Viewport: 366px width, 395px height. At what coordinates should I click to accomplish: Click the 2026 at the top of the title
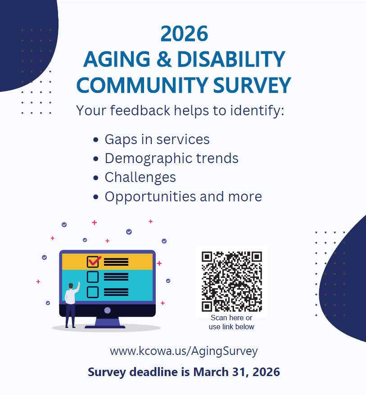coord(184,34)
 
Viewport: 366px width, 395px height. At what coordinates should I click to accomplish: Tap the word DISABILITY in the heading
coord(231,59)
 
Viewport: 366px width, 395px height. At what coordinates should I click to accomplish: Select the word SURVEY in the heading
coord(252,86)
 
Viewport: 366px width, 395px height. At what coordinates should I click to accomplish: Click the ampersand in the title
coord(164,59)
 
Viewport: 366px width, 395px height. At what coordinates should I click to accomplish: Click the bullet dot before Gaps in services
coord(95,140)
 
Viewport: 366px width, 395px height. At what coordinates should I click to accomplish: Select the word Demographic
coord(149,159)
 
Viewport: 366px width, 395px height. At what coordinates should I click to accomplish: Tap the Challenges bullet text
coord(140,178)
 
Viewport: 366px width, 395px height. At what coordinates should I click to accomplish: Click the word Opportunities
coord(150,197)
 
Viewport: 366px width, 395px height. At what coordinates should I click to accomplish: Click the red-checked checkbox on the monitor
coord(93,262)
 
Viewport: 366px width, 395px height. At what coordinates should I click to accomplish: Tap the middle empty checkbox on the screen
coord(93,277)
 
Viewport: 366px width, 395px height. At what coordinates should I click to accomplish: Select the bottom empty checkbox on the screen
coord(93,292)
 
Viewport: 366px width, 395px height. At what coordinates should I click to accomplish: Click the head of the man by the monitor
coord(71,286)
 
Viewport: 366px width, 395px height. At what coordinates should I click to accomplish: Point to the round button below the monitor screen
coord(108,310)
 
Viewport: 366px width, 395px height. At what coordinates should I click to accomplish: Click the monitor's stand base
coord(105,327)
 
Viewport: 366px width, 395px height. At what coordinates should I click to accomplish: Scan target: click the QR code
coord(232,281)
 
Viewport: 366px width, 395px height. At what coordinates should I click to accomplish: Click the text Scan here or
coord(231,318)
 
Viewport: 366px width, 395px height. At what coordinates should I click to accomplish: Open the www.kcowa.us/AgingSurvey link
coord(184,351)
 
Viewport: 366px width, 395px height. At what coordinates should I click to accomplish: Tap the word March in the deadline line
coord(211,372)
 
